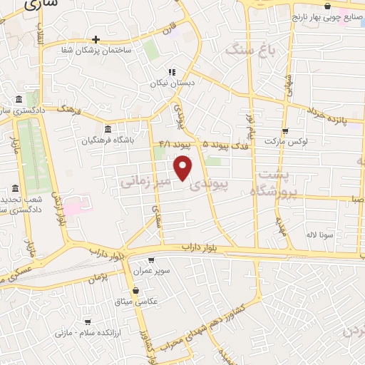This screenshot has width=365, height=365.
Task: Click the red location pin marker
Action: pos(183,168)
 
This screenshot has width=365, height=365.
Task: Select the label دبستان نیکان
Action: pos(172,83)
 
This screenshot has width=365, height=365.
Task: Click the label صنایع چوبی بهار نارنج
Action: pos(327,18)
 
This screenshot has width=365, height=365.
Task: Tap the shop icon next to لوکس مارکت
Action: pos(285,131)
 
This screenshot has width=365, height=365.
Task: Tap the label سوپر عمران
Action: pos(150,271)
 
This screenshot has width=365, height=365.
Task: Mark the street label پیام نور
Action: pos(250,123)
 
